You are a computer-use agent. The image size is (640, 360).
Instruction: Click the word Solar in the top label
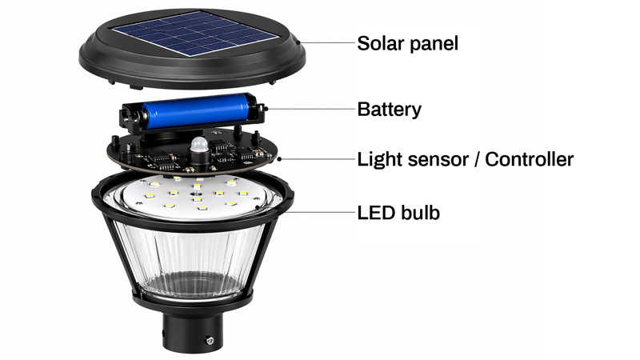click(381, 43)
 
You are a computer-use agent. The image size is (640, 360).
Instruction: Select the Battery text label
click(389, 109)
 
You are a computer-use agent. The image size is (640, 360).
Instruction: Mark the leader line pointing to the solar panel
click(324, 42)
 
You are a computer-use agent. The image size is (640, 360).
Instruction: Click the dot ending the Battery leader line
click(267, 107)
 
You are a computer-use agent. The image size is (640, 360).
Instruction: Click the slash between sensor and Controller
click(478, 159)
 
